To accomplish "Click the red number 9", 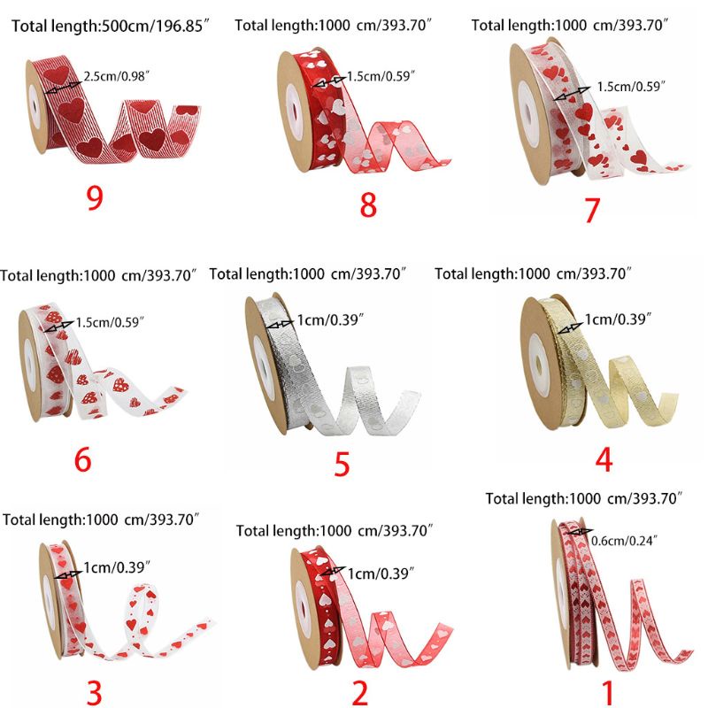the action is (95, 197).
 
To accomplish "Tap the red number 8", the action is (368, 204).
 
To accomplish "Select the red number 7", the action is (591, 211).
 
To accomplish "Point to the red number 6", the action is (83, 459).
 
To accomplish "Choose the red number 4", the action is (604, 459).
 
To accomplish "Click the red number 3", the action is (94, 693).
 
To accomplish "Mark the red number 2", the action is (360, 693).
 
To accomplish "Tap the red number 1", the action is (609, 693).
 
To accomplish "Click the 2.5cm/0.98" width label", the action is (116, 76).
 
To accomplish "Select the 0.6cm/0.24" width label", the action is (624, 541).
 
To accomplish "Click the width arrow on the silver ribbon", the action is (281, 324).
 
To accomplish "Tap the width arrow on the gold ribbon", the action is (570, 328).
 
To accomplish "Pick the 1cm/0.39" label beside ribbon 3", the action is (117, 567).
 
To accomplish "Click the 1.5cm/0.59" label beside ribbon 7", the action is (631, 86).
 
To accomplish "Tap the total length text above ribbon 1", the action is (583, 499).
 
